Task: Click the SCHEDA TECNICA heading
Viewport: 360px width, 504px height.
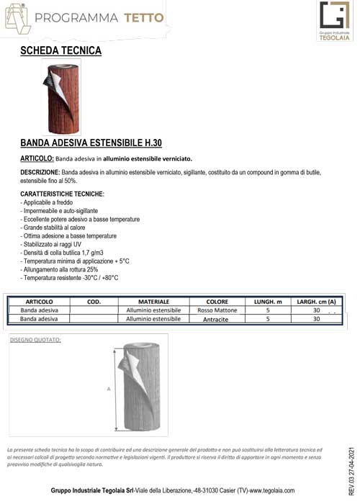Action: [60, 50]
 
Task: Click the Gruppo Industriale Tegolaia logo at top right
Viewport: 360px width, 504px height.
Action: [333, 22]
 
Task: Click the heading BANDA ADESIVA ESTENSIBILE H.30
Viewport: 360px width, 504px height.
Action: [91, 143]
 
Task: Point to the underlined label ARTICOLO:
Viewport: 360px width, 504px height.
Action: [37, 158]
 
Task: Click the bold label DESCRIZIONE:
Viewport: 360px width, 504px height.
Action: [40, 173]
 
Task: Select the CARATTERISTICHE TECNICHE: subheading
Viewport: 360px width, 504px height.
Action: [62, 194]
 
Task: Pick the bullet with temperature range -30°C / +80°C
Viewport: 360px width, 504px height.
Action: [69, 277]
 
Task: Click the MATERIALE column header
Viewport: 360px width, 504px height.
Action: [153, 301]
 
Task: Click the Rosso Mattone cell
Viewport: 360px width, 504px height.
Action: [217, 310]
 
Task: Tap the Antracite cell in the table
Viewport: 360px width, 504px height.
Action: [217, 318]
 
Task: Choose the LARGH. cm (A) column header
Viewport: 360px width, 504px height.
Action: [316, 301]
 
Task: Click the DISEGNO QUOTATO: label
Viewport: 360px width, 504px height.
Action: [36, 338]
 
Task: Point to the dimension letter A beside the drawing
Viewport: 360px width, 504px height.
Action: [108, 389]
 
